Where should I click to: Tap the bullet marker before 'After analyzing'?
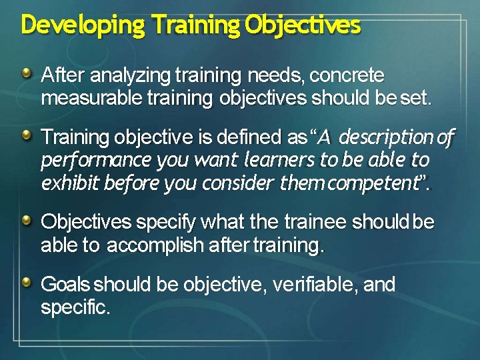coord(26,73)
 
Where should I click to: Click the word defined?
coord(249,138)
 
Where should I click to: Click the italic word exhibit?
coord(69,183)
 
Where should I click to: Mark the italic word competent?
coord(376,183)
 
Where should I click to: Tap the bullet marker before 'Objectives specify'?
coord(26,220)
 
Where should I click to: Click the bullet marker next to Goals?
coord(26,283)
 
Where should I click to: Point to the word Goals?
coord(65,285)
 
